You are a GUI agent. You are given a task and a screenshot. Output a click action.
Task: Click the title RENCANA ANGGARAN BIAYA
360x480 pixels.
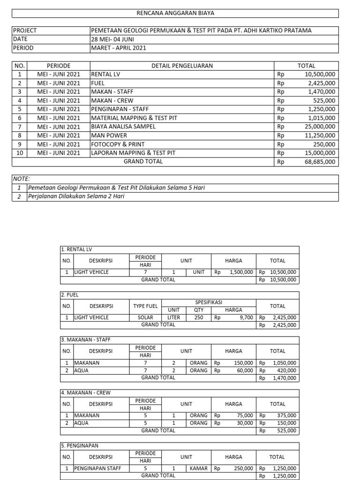click(x=175, y=13)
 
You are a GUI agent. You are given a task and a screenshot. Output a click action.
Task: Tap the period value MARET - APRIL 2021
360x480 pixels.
click(x=119, y=48)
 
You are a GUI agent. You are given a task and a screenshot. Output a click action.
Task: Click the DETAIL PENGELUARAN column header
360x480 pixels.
click(x=182, y=66)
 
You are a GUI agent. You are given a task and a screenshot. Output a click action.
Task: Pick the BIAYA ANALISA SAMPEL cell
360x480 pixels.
click(x=123, y=127)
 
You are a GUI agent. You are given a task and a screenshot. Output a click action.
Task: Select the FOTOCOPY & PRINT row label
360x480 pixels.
click(x=118, y=144)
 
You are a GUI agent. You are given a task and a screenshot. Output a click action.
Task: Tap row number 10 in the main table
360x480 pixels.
click(x=20, y=153)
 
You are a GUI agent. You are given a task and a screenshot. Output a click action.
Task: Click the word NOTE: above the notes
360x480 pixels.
click(x=22, y=179)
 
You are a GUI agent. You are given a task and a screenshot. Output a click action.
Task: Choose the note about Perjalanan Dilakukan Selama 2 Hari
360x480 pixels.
click(x=76, y=196)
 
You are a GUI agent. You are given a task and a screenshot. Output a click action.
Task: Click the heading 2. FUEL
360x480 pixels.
click(x=69, y=295)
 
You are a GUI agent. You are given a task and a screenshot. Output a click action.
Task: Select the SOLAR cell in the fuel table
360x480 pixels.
click(x=145, y=317)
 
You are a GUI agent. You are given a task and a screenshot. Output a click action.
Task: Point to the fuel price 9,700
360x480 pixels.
click(x=246, y=317)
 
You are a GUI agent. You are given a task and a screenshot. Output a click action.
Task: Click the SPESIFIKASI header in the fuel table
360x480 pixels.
click(x=209, y=303)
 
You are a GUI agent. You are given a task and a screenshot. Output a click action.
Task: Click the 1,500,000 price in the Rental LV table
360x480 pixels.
click(x=241, y=272)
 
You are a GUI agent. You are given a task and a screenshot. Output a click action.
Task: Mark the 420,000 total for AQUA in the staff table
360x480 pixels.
click(x=285, y=370)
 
